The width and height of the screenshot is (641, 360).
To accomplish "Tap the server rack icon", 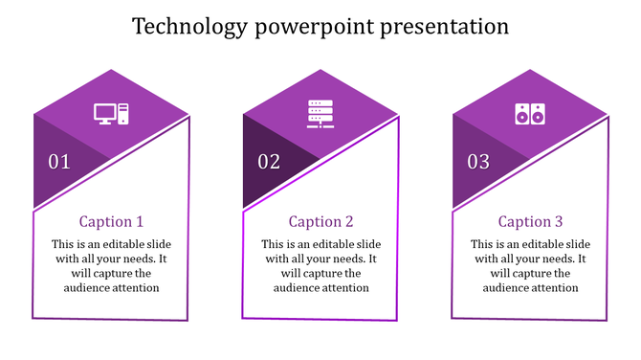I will (x=320, y=114).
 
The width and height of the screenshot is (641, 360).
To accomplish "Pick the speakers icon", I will (x=529, y=114).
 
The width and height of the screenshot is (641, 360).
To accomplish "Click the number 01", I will (x=59, y=162).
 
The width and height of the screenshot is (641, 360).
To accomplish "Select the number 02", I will (x=269, y=162).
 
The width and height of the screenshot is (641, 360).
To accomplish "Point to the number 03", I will (x=478, y=162).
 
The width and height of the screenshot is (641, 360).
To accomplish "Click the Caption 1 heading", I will (x=111, y=221).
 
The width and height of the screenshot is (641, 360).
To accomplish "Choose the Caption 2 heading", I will (x=320, y=221).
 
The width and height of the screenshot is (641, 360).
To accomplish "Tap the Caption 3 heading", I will (x=530, y=221).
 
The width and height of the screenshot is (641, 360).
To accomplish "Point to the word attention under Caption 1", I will (x=135, y=287).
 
